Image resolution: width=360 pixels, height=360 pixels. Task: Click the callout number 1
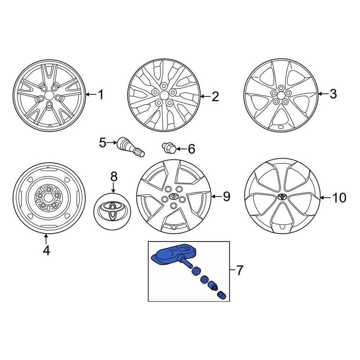tap(100, 94)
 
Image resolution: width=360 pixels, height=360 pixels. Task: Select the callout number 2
tap(215, 97)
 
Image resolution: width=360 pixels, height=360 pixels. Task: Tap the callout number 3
tap(333, 94)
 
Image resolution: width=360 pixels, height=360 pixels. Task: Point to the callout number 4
tap(46, 250)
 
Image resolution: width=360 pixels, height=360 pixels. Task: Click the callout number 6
tap(191, 150)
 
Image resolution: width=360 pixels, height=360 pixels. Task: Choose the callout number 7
tap(240, 270)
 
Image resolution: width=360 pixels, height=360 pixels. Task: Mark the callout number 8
tap(114, 176)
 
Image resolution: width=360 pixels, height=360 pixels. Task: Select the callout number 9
tap(226, 196)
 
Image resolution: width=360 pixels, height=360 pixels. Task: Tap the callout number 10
tap(339, 197)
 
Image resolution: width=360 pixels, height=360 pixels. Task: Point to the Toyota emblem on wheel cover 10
tap(282, 196)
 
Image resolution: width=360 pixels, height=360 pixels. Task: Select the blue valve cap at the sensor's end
tap(222, 295)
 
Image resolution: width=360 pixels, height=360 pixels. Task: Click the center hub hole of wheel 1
tap(49, 94)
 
